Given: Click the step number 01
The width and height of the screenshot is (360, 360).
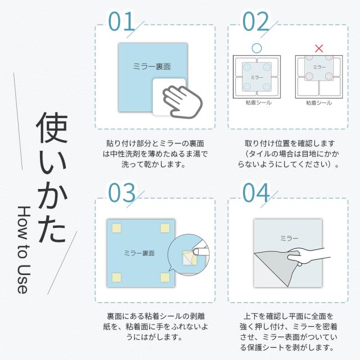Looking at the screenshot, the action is coord(121,21).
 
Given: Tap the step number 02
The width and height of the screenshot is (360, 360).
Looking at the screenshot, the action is coord(255,21).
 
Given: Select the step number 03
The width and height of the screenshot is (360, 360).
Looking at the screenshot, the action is coord(121,192).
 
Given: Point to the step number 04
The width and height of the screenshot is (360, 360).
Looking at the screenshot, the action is coord(256,192).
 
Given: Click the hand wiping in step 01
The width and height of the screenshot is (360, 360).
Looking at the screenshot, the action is coord(182,102).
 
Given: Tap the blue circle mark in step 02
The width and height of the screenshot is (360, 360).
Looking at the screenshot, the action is coord(256,48).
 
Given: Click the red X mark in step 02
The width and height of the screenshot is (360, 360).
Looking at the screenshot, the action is coord(319,48).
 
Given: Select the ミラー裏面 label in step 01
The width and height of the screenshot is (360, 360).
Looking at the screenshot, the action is coord(152,66).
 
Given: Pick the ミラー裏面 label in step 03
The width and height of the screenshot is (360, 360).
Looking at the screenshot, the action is coord(139,253).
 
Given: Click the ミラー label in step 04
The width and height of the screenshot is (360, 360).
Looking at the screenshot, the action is coord(289,238).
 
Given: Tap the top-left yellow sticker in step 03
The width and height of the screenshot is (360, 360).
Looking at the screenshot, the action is coord(116,228).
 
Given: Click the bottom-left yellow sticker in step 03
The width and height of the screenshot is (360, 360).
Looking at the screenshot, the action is coord(116,277).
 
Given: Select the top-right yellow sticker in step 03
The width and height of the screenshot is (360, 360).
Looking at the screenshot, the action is coord(165,228).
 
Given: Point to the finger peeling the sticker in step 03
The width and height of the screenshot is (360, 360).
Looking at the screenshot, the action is coord(201,251).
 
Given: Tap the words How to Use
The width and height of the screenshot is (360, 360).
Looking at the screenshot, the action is coord(24,250).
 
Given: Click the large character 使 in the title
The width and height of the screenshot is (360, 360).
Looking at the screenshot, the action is coord(52,128).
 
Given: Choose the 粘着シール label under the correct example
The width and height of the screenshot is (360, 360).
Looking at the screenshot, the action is coord(259,102).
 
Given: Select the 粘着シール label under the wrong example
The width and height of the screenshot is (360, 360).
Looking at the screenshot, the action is coord(319,102).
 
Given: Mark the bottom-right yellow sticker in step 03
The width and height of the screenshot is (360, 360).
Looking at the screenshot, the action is coord(165,277).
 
